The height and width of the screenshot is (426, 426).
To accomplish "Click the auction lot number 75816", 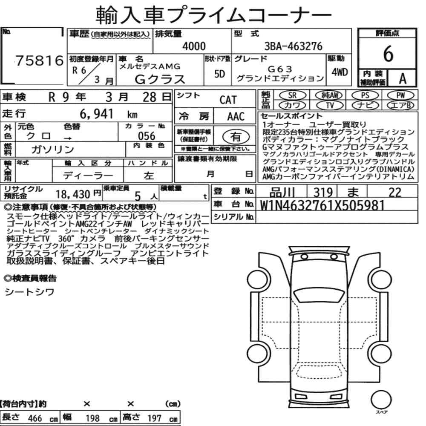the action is pos(39,60).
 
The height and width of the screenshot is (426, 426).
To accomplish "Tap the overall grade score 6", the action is pos(388,54).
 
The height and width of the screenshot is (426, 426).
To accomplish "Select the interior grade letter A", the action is pos(403,79).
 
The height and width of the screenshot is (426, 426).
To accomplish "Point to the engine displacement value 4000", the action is pos(194,46).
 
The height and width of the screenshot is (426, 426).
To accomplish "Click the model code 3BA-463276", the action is pos(294,46).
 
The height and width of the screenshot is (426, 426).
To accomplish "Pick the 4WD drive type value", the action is pos(340,72).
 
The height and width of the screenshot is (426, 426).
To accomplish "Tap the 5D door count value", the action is pos(219,74).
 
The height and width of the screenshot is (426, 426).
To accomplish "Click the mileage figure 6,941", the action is pos(96,114).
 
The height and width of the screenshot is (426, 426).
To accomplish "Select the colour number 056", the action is pos(147,136).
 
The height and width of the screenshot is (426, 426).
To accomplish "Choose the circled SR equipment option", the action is pos(292,95).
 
